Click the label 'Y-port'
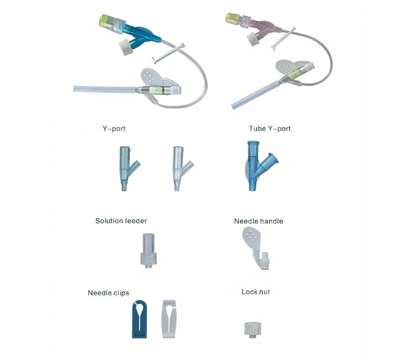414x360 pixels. coord(114,129)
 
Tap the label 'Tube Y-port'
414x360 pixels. coord(270,129)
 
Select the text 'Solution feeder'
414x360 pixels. coord(121,221)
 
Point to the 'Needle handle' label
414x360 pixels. coord(258,221)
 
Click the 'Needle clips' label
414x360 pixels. coord(109,293)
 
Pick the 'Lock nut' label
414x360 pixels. coord(256,292)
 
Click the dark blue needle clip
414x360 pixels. coord(139,319)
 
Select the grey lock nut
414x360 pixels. coord(253,329)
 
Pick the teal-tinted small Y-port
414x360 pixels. coord(127,168)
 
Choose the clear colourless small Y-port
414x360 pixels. coord(180,168)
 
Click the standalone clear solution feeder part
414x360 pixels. coord(149,250)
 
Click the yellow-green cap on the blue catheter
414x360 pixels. coord(104,21)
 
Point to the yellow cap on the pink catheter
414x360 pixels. coord(232,18)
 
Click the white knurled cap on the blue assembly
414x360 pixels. coord(126,47)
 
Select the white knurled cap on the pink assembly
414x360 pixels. coord(253,39)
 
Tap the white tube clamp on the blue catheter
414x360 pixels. coord(167,53)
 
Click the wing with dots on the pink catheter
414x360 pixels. coord(285,66)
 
